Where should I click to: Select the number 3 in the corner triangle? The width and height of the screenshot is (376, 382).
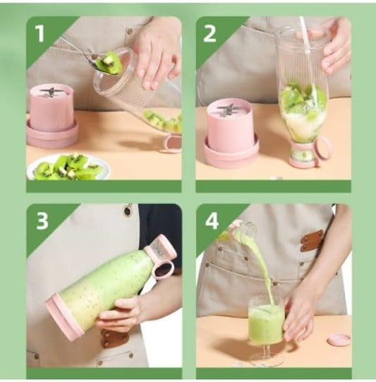coord(42,220)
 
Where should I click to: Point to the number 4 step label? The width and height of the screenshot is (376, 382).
coord(211,220)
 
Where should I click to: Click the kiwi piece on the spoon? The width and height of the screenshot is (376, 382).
coord(109,64)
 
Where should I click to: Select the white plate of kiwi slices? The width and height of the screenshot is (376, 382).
coord(68,167)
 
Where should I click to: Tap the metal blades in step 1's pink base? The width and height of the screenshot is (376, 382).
coord(51,92)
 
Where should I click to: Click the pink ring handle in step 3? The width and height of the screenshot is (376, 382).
coord(164,268)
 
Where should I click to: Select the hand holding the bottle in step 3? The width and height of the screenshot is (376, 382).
coord(119,313)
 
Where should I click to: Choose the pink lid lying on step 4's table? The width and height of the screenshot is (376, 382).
coord(338,340)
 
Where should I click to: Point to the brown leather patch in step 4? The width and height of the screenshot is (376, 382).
coord(312,239)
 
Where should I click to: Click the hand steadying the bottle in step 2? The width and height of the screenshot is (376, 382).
coord(336,46)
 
